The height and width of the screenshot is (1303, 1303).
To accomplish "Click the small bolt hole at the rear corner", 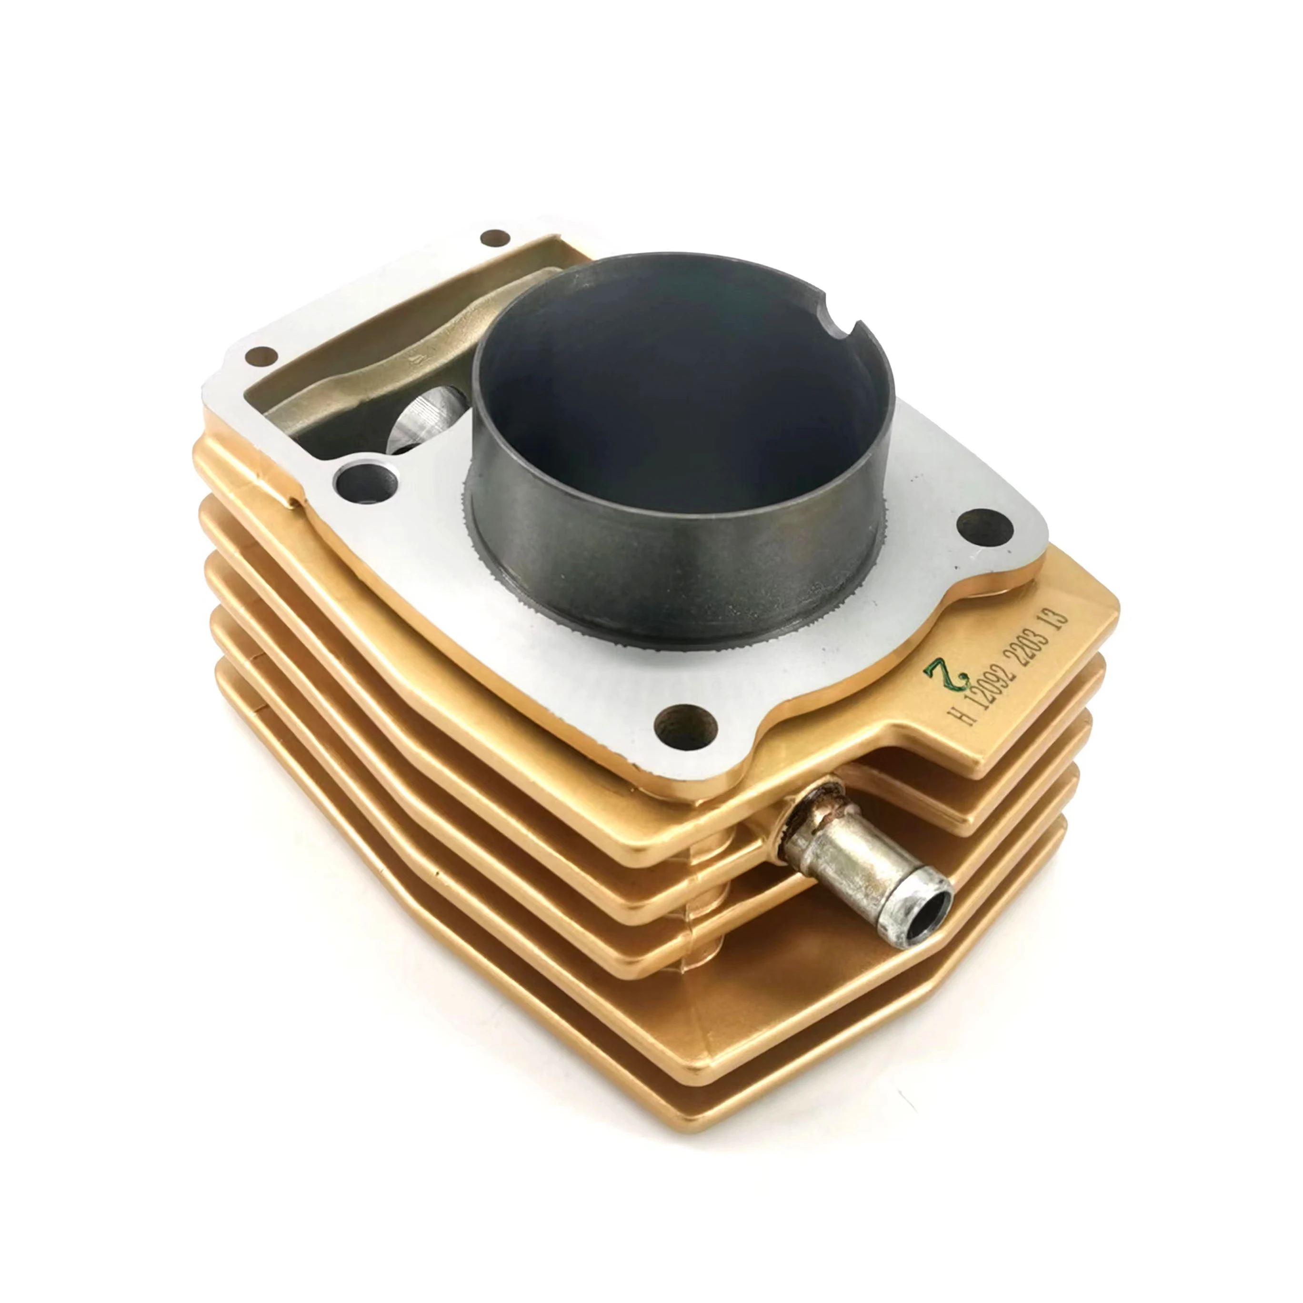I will pyautogui.click(x=494, y=237).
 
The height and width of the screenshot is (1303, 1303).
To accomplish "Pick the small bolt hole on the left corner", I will pyautogui.click(x=261, y=356).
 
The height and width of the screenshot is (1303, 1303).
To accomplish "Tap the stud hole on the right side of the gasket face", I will pyautogui.click(x=985, y=526).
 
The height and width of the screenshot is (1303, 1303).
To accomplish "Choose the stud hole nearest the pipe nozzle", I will pyautogui.click(x=685, y=728).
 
